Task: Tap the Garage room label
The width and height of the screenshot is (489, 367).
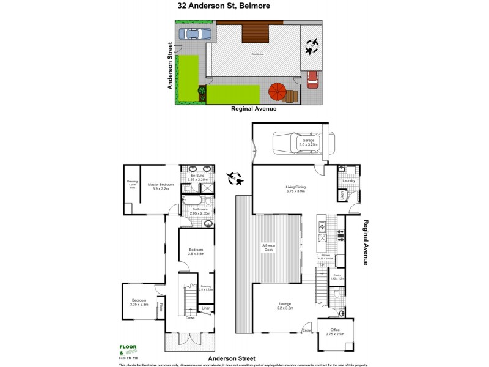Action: point(308,143)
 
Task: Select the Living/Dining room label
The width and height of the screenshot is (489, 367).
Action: point(296,188)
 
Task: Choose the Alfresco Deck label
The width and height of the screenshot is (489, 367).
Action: point(270,247)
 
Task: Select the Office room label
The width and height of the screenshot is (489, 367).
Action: point(334,332)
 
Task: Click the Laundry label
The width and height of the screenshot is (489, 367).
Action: point(349,180)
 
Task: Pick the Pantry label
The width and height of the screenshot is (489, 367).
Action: point(337,277)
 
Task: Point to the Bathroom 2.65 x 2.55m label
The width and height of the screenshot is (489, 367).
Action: point(200,211)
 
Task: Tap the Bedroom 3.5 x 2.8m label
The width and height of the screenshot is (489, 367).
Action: point(196,251)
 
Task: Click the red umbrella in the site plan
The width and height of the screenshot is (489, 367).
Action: point(278,92)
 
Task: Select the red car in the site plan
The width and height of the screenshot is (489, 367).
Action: point(312,79)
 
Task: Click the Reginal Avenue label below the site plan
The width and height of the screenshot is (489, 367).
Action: point(254,109)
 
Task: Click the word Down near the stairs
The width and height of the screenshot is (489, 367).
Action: point(190,318)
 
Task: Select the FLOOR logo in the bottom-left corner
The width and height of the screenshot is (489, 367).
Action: point(128,346)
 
